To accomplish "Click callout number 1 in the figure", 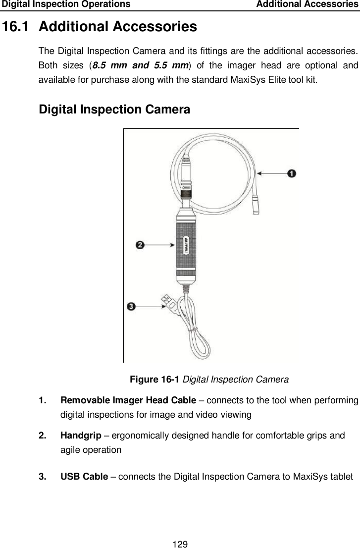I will pos(292,173).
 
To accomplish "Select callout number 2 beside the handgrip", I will pos(141,245).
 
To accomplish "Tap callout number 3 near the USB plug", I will pos(131,307).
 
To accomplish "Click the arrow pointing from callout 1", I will pos(272,173).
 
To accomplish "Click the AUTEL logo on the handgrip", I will pos(186,245).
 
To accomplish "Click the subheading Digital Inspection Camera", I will pos(114,109).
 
